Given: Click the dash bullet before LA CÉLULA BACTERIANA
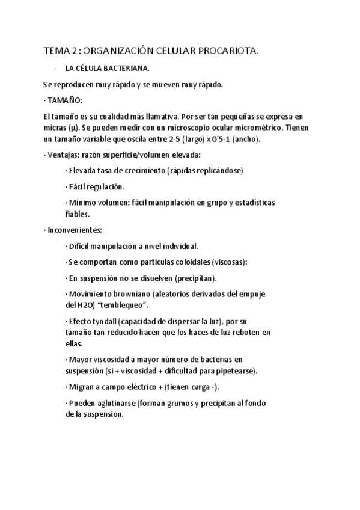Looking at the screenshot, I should tap(55, 69).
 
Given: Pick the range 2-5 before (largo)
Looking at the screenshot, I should tap(177, 139).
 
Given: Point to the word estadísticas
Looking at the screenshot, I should tap(253, 203).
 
